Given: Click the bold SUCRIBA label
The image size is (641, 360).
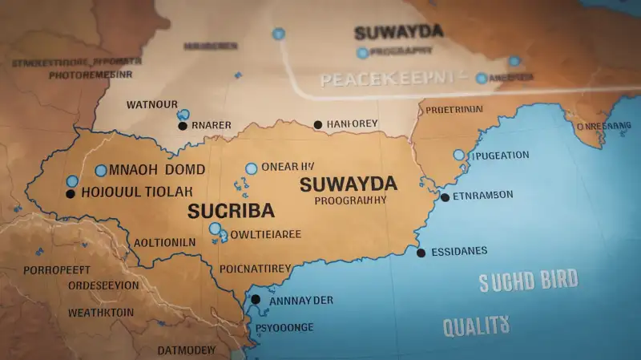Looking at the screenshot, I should tap(231, 210).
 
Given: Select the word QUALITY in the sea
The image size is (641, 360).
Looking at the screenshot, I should tap(476, 325).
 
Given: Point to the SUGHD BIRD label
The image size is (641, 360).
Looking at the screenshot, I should tap(528, 281).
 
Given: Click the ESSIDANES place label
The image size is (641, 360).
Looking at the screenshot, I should tap(459, 251).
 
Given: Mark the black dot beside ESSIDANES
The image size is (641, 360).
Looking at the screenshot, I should tap(421, 253).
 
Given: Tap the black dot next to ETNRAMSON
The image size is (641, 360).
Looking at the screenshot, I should tap(445, 196).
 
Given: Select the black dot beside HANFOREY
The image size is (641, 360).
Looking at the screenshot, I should tap(318, 124).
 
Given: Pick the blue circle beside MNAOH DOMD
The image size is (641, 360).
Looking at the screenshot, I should tap(101, 170).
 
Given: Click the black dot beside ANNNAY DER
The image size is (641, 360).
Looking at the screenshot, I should tap(256, 299).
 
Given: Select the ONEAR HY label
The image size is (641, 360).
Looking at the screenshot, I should tap(288, 168).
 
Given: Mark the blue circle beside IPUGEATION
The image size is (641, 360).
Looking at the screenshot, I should tap(459, 155).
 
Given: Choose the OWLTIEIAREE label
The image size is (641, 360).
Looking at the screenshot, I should tap(265, 234).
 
